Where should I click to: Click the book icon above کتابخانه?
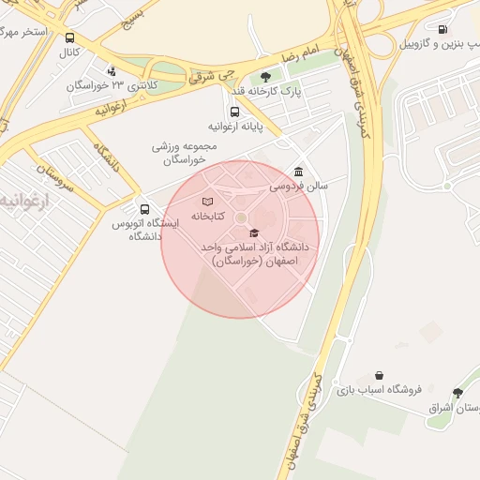(208, 202)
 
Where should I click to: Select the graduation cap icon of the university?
(254, 232)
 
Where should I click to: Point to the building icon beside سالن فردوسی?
(298, 172)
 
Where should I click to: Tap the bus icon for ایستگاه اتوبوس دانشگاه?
(144, 209)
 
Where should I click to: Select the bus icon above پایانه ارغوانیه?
(234, 112)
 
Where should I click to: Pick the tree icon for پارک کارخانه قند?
(265, 78)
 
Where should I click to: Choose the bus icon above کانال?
(70, 38)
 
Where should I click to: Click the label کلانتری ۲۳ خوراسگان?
(108, 85)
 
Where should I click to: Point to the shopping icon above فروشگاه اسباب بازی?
(379, 375)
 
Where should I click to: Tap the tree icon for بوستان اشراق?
(457, 394)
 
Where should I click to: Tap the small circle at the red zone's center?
(240, 217)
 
